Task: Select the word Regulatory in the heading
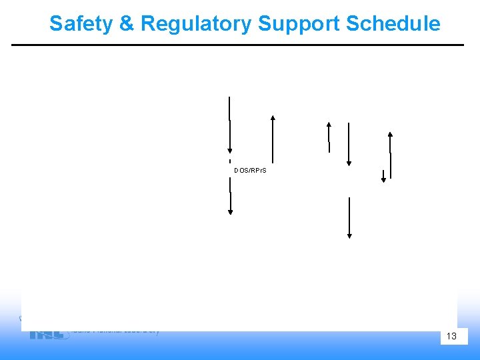pyautogui.click(x=196, y=24)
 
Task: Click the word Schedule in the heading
pyautogui.click(x=393, y=24)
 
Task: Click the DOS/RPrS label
pyautogui.click(x=250, y=171)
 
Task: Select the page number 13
pyautogui.click(x=451, y=336)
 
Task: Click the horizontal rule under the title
pyautogui.click(x=237, y=45)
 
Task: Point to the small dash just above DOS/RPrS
pyautogui.click(x=230, y=161)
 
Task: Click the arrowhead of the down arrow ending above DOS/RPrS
pyautogui.click(x=230, y=151)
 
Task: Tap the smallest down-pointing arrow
pyautogui.click(x=383, y=177)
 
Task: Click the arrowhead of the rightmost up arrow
pyautogui.click(x=390, y=134)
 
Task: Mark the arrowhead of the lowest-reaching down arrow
pyautogui.click(x=349, y=235)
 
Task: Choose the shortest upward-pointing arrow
pyautogui.click(x=328, y=137)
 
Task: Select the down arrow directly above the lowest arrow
pyautogui.click(x=349, y=144)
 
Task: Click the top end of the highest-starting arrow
pyautogui.click(x=229, y=97)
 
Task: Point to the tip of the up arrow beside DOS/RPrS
pyautogui.click(x=273, y=117)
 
